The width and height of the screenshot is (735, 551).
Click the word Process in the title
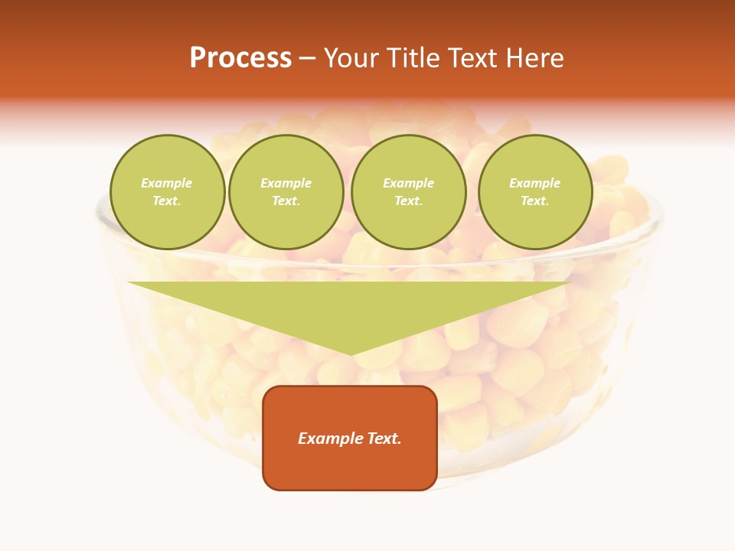[x=240, y=58]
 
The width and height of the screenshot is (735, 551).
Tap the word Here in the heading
[x=536, y=58]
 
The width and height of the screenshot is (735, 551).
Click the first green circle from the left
[x=168, y=192]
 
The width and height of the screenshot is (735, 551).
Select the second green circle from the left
[x=286, y=192]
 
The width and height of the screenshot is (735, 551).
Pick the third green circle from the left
[x=409, y=192]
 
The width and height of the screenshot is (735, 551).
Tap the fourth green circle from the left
[x=535, y=192]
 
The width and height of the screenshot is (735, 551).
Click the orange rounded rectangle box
[x=350, y=438]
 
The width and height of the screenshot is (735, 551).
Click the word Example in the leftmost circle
[x=167, y=184]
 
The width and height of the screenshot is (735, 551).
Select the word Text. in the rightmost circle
[x=535, y=201]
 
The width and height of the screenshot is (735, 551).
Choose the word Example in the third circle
[x=409, y=184]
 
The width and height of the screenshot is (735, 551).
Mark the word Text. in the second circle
[x=286, y=201]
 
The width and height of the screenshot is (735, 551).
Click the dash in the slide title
[x=307, y=58]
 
